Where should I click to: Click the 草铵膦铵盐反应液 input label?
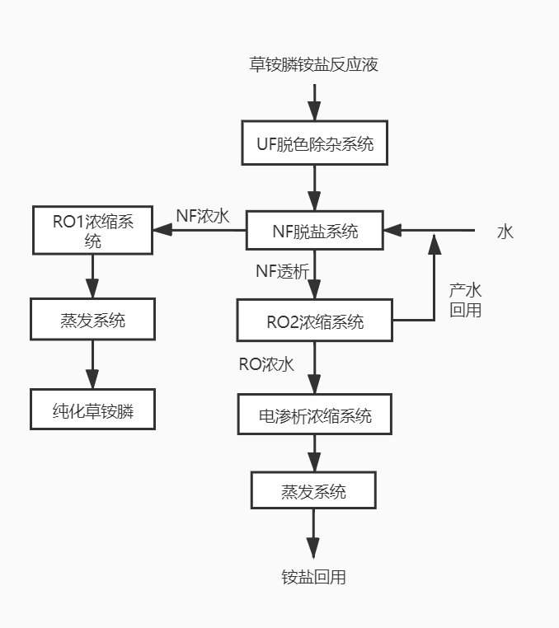coord(314,64)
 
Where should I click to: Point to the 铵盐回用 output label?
coord(313,577)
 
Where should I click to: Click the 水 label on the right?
coord(505,232)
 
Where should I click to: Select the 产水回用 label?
coord(465,300)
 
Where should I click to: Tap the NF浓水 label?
coord(203,216)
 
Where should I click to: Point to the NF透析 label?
coord(283,271)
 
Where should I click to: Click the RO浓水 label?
coord(266,364)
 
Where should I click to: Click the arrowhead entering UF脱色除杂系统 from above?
coord(314,111)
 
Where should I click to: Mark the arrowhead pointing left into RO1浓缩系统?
coord(162,230)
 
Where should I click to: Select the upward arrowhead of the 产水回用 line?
coord(435,244)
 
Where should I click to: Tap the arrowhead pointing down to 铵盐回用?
coord(313,548)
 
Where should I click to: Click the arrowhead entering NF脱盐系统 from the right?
coord(392,230)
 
